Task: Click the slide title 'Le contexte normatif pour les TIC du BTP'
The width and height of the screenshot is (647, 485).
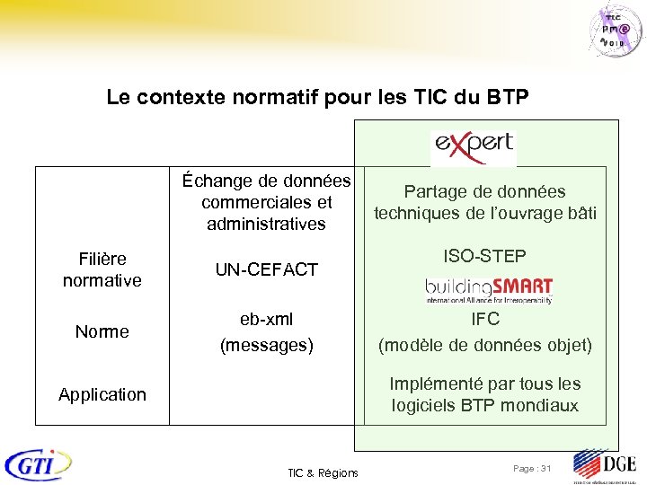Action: pyautogui.click(x=318, y=96)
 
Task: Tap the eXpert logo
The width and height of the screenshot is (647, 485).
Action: pyautogui.click(x=473, y=145)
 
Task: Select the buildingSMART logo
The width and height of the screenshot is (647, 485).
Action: pyautogui.click(x=488, y=291)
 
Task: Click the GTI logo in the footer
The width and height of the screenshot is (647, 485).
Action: pyautogui.click(x=39, y=464)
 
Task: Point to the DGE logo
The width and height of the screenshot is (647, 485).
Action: pyautogui.click(x=604, y=465)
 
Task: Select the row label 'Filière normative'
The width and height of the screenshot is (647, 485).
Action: pyautogui.click(x=102, y=269)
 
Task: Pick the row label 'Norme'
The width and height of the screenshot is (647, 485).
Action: pyautogui.click(x=102, y=331)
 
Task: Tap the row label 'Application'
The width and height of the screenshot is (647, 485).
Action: pyautogui.click(x=102, y=394)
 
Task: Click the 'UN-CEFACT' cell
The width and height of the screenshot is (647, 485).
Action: pyautogui.click(x=266, y=269)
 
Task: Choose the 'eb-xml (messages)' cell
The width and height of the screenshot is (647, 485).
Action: pyautogui.click(x=266, y=331)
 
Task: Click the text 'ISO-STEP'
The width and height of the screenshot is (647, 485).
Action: pyautogui.click(x=485, y=257)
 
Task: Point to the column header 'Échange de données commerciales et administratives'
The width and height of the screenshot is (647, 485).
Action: pyautogui.click(x=266, y=202)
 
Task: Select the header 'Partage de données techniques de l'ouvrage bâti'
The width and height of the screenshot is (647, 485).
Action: pyautogui.click(x=485, y=202)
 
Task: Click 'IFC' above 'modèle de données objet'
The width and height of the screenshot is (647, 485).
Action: pyautogui.click(x=485, y=319)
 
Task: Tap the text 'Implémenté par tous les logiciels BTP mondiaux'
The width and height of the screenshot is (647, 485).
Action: pyautogui.click(x=485, y=394)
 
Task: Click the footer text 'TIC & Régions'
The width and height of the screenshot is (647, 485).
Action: pyautogui.click(x=323, y=472)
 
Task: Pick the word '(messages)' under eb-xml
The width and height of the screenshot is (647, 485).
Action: pyautogui.click(x=266, y=344)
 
